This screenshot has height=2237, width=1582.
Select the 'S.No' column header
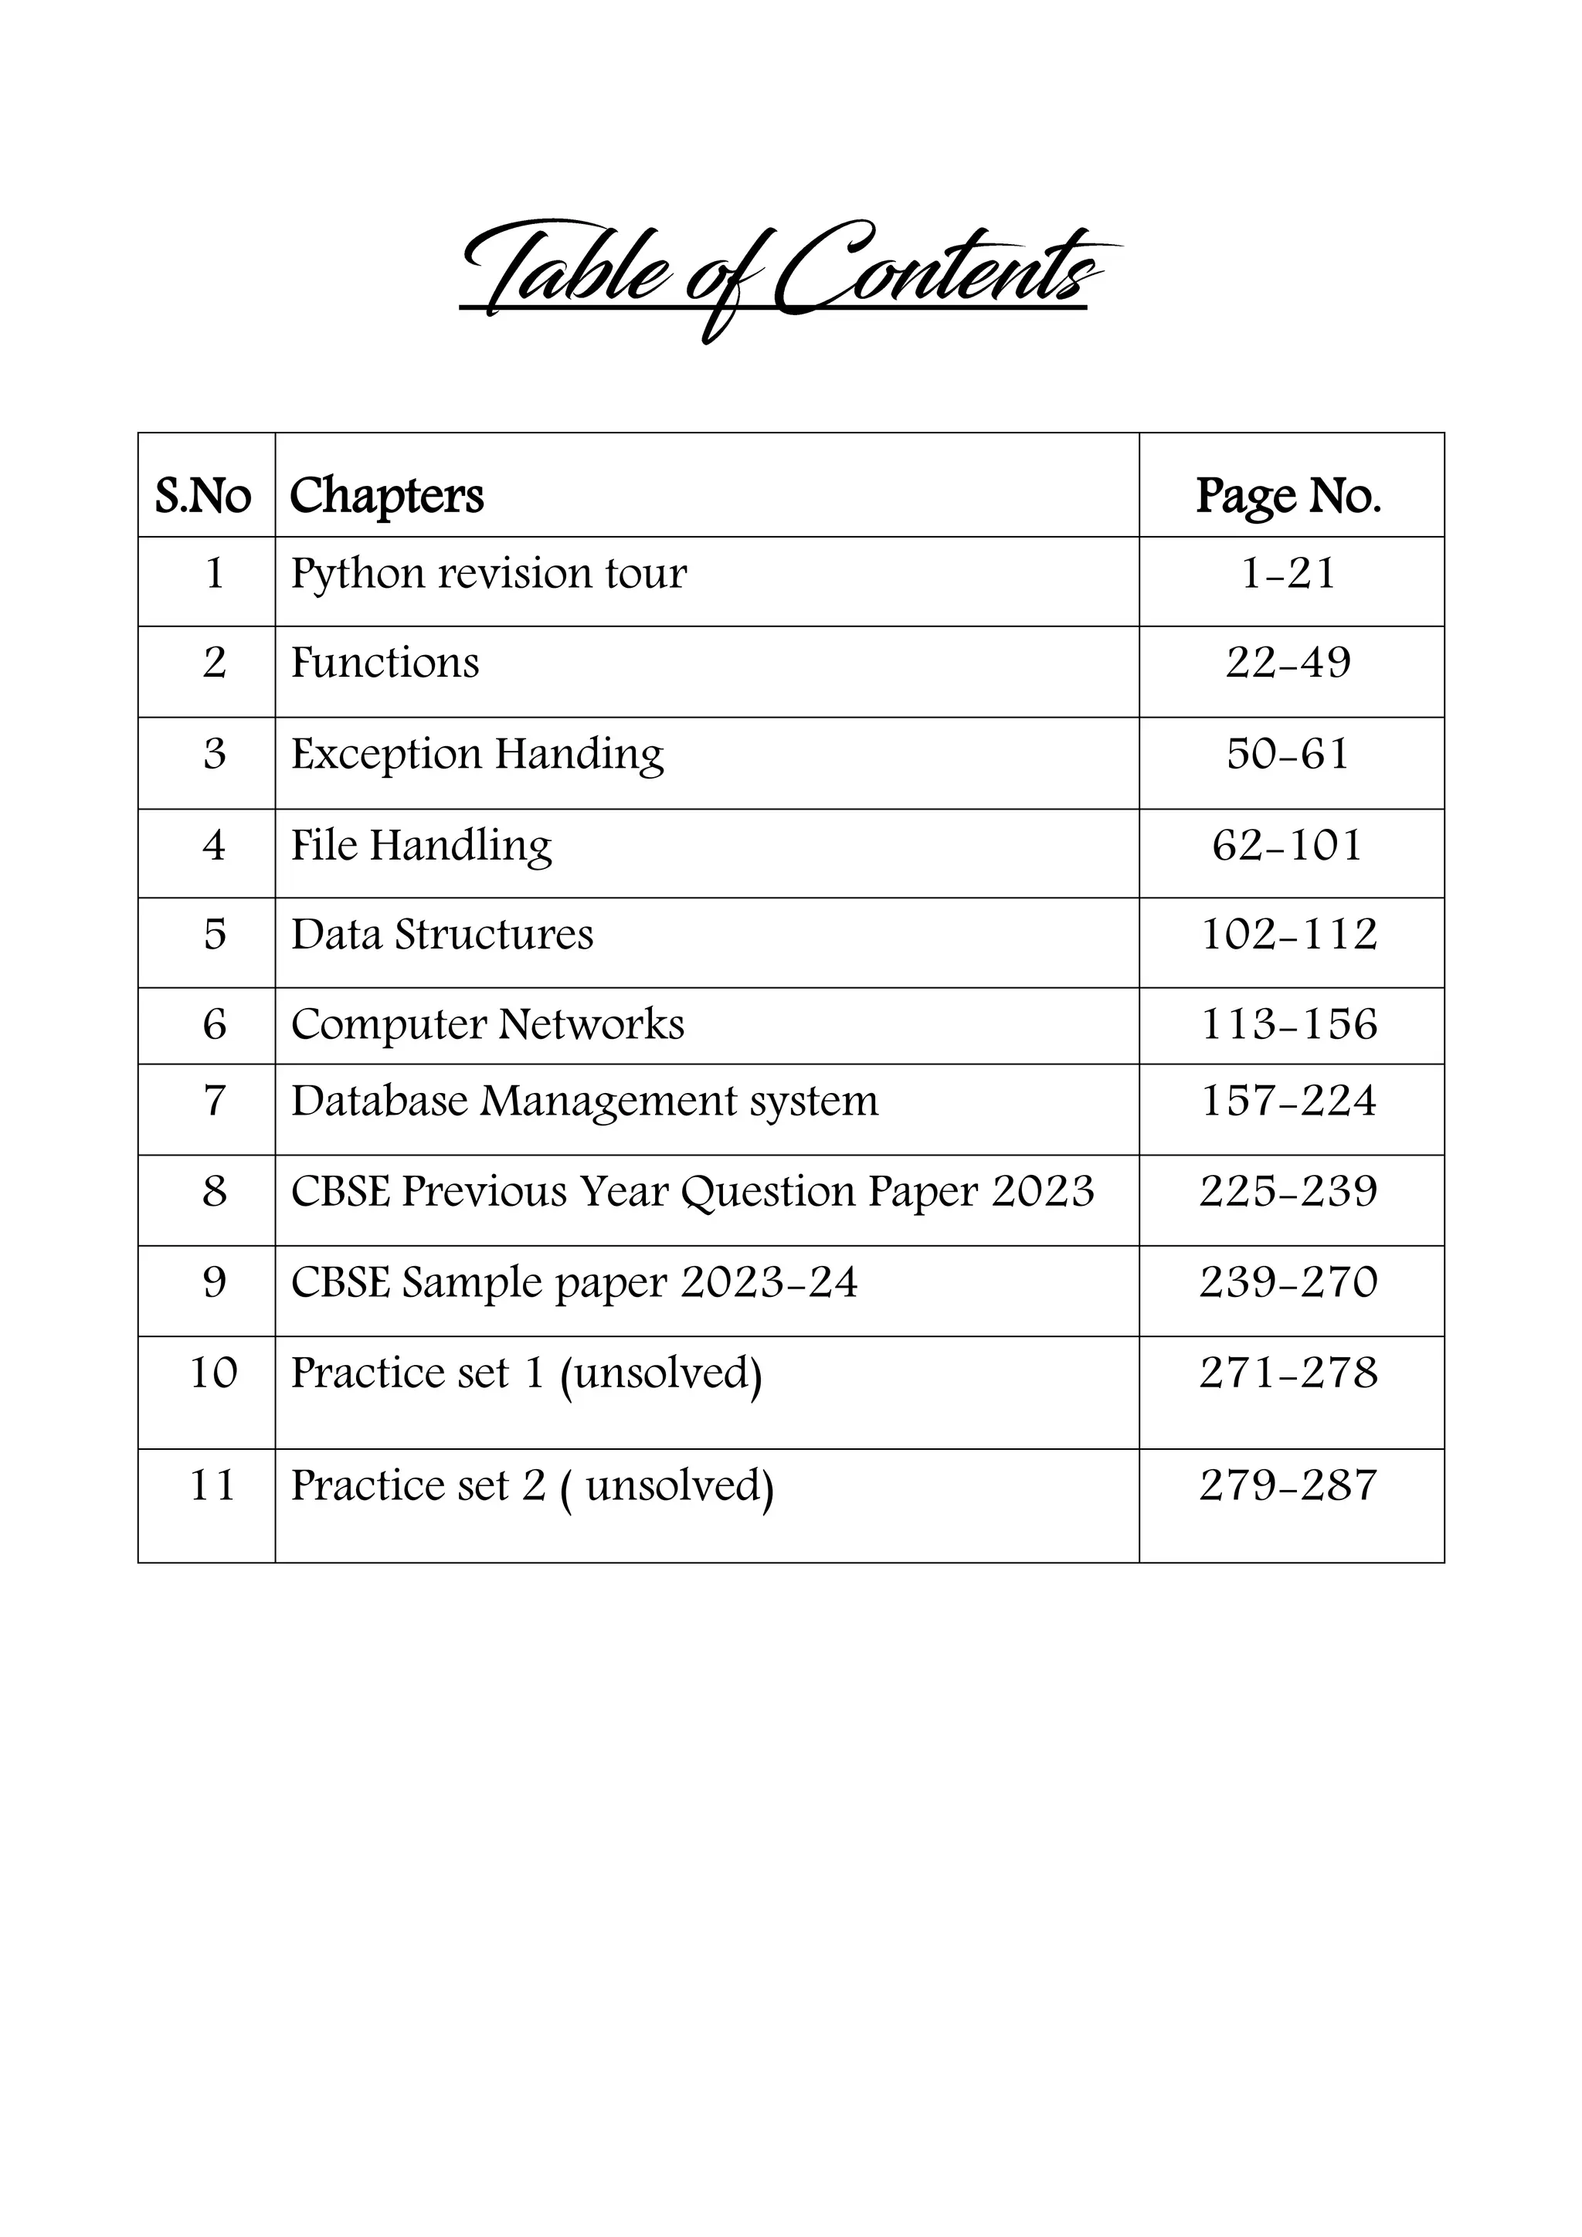[x=204, y=496]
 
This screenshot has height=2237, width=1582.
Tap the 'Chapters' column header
[x=387, y=496]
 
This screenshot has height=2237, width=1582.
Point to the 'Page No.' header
[x=1288, y=496]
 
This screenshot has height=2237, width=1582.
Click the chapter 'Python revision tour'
[x=489, y=573]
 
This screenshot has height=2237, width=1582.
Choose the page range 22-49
[x=1288, y=664]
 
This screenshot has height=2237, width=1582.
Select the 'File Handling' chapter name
[x=422, y=846]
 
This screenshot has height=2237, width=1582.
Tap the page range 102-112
[x=1288, y=935]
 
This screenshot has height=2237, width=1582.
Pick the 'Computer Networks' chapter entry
[x=488, y=1025]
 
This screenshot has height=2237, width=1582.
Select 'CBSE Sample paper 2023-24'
[x=575, y=1282]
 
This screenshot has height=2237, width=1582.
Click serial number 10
[x=213, y=1373]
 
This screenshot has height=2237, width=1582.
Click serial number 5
[x=214, y=935]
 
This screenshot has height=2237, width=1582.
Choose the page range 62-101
[x=1288, y=846]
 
